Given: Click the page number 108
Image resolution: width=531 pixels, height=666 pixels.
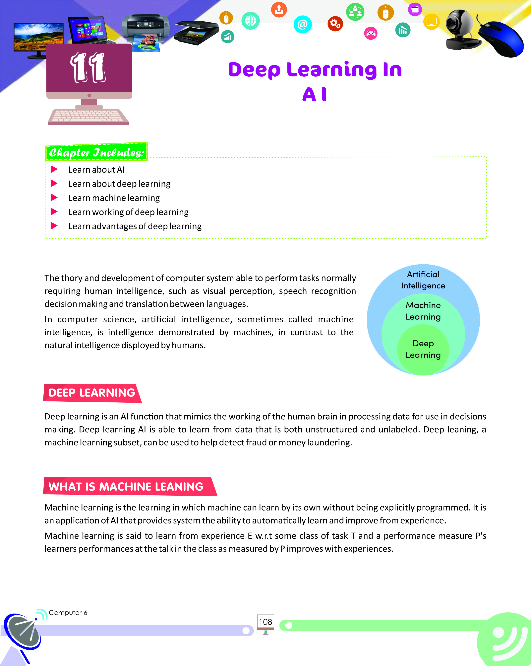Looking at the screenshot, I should [x=265, y=622].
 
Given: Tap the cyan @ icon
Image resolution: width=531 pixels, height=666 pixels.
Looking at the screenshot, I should [x=302, y=24].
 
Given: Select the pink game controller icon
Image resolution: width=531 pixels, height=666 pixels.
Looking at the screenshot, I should [x=371, y=33].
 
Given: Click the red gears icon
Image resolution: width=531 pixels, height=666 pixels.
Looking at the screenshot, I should [x=335, y=24].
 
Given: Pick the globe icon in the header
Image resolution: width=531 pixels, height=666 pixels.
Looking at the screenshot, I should [x=251, y=21].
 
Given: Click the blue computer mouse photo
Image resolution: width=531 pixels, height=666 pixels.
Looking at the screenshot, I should [x=501, y=39].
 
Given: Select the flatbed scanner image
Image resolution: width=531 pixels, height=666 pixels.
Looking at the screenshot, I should [x=197, y=33].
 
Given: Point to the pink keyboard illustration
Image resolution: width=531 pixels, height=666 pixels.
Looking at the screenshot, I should [x=88, y=117].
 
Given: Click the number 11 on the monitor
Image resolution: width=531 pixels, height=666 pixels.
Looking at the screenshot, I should [x=88, y=67].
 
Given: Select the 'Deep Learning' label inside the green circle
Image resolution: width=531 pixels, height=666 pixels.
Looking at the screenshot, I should [x=423, y=349].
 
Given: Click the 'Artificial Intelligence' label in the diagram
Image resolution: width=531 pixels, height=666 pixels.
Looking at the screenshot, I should [x=423, y=280].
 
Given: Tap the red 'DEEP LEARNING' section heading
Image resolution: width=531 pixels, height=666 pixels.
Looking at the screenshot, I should [x=92, y=393].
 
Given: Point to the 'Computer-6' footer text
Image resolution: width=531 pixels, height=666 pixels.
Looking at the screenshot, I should [x=68, y=613].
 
